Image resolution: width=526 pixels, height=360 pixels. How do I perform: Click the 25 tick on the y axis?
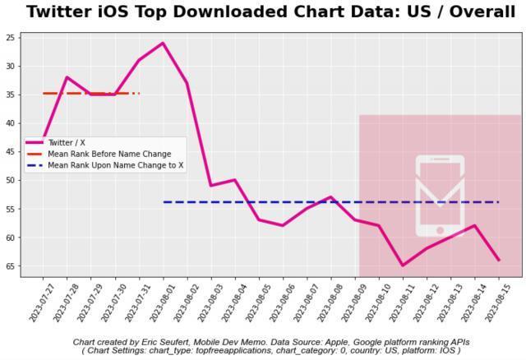pos(11,38)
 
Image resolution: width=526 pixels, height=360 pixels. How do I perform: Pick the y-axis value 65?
pos(11,266)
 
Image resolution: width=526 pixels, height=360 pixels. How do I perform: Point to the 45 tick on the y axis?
pos(11,152)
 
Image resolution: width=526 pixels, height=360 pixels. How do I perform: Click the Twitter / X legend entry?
pos(66,142)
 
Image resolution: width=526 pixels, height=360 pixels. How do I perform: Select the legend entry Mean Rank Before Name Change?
pos(108,154)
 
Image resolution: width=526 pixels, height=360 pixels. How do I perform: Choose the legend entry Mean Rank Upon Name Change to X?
pos(115,165)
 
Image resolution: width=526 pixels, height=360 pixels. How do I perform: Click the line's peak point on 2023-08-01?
pos(163,43)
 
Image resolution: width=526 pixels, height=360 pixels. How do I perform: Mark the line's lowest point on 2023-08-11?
pos(403,265)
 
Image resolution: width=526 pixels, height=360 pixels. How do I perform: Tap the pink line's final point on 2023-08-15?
pos(498,260)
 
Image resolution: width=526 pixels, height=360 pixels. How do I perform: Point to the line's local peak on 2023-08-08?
pos(330,197)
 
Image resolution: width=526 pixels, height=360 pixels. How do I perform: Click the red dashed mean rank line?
pos(90,94)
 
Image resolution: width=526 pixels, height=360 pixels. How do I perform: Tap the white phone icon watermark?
pos(440,196)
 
